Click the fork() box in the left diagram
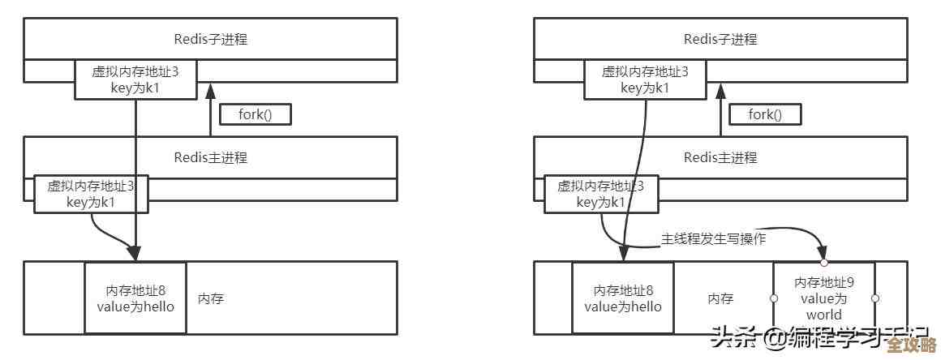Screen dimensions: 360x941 tap(256, 114)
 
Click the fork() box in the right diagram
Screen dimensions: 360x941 tap(765, 114)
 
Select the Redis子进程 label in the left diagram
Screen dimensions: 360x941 tap(211, 38)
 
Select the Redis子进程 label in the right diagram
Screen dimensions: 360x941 tap(720, 38)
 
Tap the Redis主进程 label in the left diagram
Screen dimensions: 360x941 tap(211, 156)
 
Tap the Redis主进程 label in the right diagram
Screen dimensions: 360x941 tap(720, 156)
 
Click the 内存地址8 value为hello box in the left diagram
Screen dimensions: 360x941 tap(135, 298)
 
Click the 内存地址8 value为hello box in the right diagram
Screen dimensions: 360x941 tap(623, 298)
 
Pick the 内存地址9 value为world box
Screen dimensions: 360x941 tap(823, 298)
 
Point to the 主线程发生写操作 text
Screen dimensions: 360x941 tap(714, 240)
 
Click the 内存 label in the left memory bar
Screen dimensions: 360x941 tap(211, 298)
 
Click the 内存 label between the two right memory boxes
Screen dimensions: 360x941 tap(720, 298)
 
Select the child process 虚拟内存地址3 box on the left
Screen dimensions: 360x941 tap(135, 79)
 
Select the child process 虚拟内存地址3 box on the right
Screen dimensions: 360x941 tap(645, 79)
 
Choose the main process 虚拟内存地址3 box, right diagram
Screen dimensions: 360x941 tap(600, 194)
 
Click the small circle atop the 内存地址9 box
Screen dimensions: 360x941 tap(823, 263)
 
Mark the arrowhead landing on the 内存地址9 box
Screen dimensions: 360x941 tap(823, 254)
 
